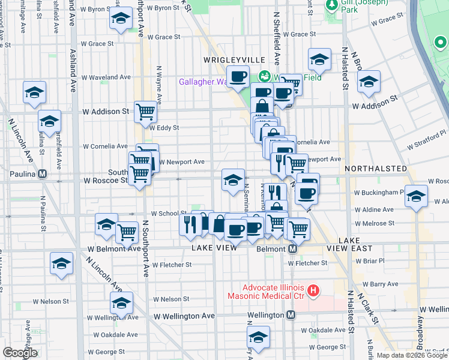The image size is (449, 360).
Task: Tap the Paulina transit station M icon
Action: pos(43,174)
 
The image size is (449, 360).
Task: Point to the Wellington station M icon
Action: pos(291,314)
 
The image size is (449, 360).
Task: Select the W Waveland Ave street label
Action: pos(107,77)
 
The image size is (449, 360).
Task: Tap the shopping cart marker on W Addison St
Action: pos(145,112)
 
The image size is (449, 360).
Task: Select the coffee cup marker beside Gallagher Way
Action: pos(238,77)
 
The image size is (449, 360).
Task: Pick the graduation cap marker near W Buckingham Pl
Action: pos(416,196)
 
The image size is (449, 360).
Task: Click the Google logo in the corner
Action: pos(20,353)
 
